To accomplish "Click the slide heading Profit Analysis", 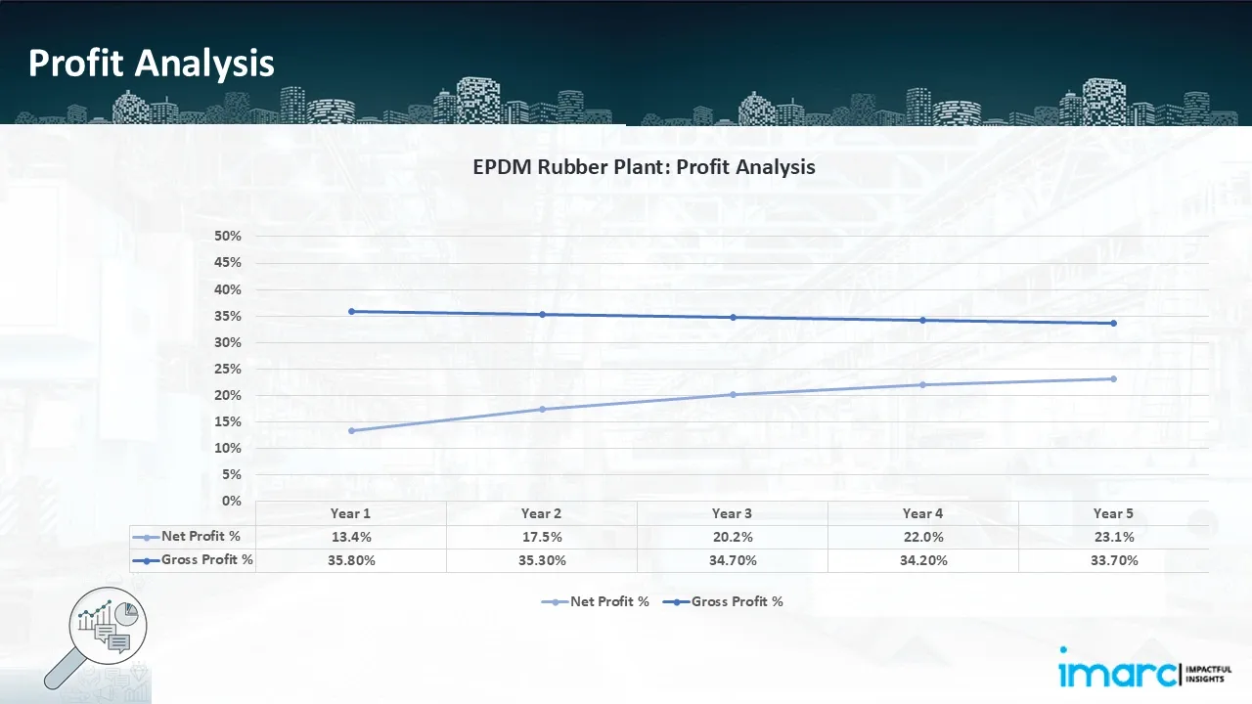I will point(152,64).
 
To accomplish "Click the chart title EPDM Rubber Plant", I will point(644,167).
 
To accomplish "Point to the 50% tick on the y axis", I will point(228,237).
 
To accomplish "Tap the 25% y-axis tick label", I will point(228,369).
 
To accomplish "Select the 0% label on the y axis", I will point(233,501).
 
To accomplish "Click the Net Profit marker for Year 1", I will point(351,430).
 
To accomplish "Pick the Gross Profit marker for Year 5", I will point(1113,324).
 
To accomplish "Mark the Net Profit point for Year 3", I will point(733,394).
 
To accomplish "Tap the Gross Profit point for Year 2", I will point(542,314).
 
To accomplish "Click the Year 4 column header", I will point(922,513).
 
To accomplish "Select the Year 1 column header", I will point(350,513).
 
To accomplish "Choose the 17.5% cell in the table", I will point(541,537).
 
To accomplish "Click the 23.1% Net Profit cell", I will point(1113,537).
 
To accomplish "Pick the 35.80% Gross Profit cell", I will point(350,560).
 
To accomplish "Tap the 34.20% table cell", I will point(922,560).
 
